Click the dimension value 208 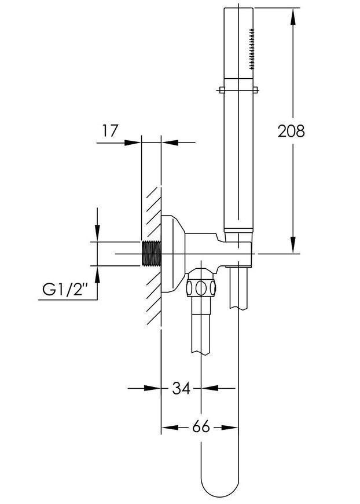291,131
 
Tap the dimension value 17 110,131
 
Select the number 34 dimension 181,388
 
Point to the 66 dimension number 201,427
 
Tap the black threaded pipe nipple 151,254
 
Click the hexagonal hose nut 201,287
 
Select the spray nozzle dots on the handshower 251,49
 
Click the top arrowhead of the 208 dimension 292,16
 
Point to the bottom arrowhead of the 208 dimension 292,245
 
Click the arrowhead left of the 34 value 152,388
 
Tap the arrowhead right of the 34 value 210,388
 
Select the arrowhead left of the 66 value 170,428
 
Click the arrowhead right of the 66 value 230,428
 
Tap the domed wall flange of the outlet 173,254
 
